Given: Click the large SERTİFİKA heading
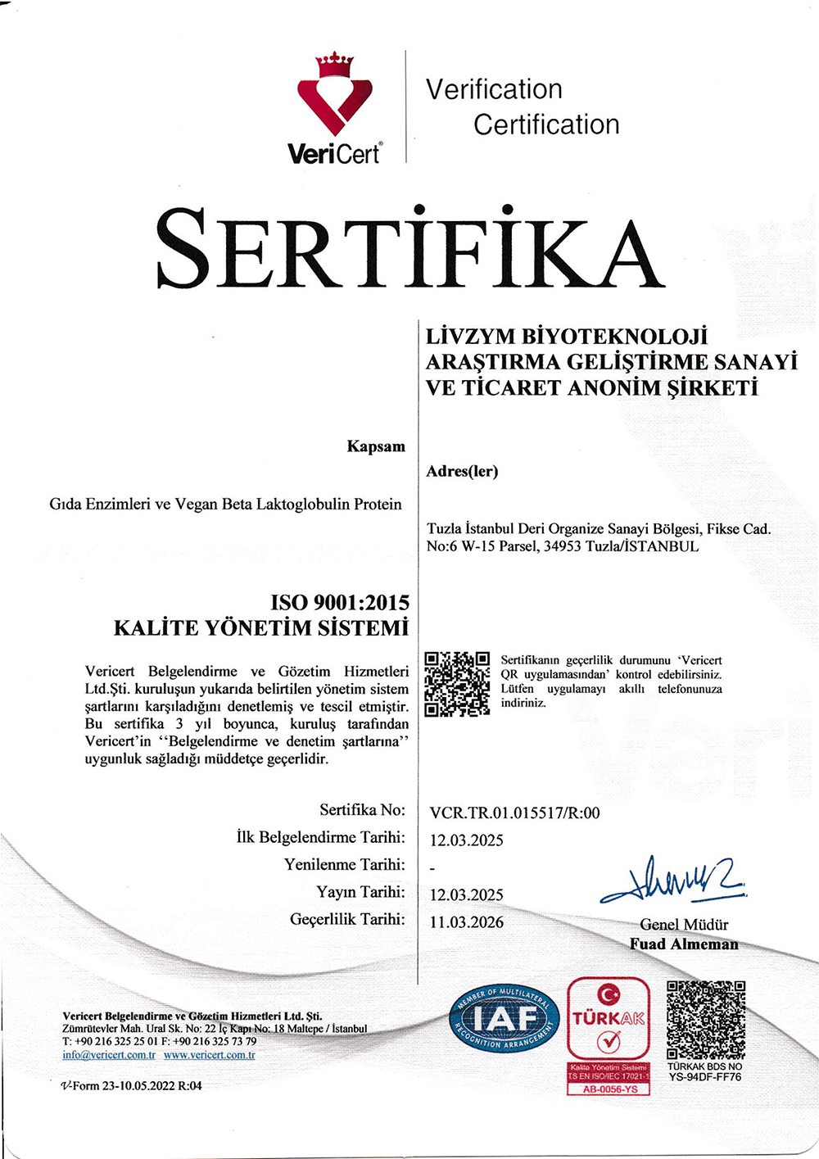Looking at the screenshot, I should [x=409, y=247].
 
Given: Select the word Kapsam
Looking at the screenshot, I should [x=376, y=446].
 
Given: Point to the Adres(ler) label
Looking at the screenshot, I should [x=462, y=471].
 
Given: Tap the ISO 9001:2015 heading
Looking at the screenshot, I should [x=340, y=603].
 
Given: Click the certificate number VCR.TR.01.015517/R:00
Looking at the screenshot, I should [x=514, y=813].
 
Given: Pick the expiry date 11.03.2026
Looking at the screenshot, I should [x=467, y=922].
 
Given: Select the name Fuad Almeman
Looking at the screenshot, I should [x=684, y=944].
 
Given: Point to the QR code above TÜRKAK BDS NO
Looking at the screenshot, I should [x=706, y=1019].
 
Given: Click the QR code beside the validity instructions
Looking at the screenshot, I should [x=458, y=684].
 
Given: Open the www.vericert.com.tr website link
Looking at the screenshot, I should [x=209, y=1055].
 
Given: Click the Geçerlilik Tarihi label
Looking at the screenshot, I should [x=347, y=919].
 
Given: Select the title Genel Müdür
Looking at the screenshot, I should [x=684, y=925].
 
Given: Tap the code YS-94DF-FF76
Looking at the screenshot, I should [x=705, y=1077].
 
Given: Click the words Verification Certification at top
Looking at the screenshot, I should [x=522, y=106].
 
